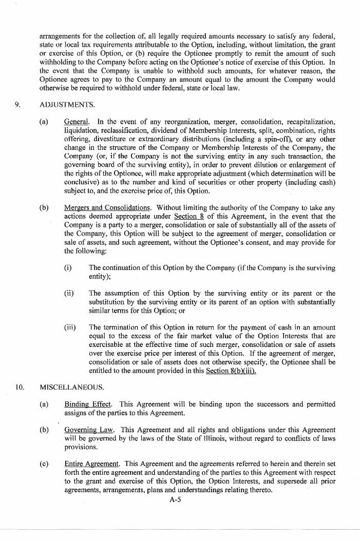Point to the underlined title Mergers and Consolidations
(x=107, y=208)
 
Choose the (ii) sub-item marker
(x=69, y=294)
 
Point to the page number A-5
(x=175, y=498)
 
